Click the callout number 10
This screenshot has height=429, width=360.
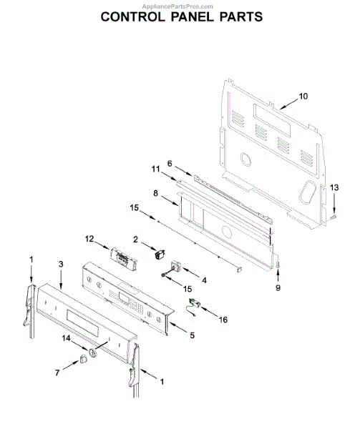click(x=303, y=97)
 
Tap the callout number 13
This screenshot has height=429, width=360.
click(x=334, y=187)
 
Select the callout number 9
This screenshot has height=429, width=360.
click(x=278, y=287)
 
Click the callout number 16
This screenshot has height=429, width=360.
click(x=223, y=320)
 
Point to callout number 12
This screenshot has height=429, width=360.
click(x=89, y=239)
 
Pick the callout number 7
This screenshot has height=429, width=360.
click(x=57, y=373)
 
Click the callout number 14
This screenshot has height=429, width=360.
click(x=67, y=338)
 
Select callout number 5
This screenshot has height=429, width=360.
click(x=193, y=335)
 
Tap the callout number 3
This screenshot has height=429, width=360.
click(x=61, y=264)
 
